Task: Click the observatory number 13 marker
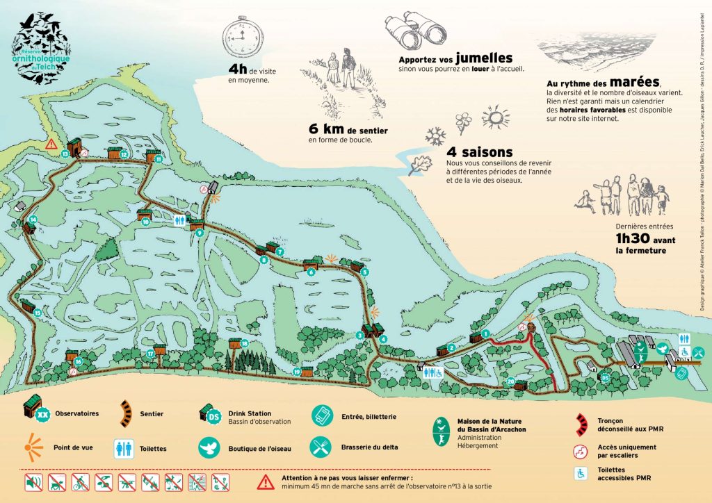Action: [x=65, y=154]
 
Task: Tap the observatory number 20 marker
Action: [x=511, y=381]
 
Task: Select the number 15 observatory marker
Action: [x=37, y=313]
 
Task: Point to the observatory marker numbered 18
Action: [x=245, y=343]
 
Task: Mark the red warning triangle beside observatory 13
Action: [x=51, y=145]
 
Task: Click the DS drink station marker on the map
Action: [x=605, y=378]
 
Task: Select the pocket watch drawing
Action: [x=241, y=38]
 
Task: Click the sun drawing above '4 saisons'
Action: [x=496, y=115]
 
